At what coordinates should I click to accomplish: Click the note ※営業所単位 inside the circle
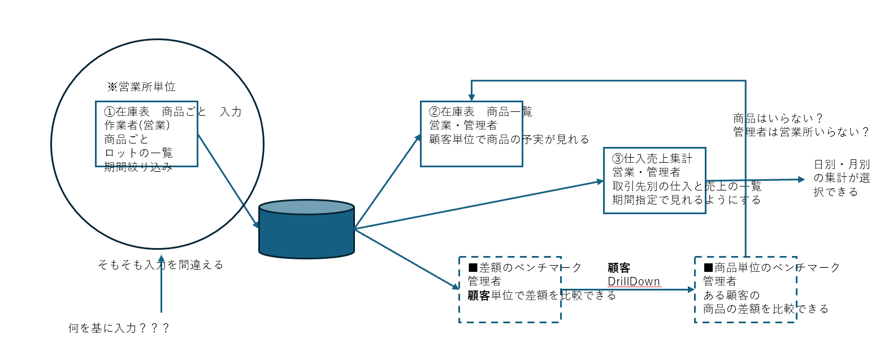(x=141, y=87)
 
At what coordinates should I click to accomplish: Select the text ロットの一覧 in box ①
(x=138, y=153)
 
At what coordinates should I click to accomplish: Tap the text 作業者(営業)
(x=137, y=125)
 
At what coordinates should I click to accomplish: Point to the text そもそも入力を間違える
(x=161, y=265)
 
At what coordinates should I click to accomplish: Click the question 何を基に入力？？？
(x=119, y=328)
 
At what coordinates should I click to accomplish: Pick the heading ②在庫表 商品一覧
(x=480, y=112)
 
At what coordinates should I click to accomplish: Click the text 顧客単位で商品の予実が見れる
(x=509, y=140)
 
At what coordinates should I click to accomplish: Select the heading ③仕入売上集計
(x=652, y=159)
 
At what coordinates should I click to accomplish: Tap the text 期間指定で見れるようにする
(x=686, y=200)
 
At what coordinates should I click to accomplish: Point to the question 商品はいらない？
(x=778, y=119)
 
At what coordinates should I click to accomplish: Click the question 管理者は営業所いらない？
(x=801, y=132)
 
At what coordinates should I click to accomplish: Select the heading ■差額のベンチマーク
(x=525, y=268)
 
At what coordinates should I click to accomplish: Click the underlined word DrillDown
(x=634, y=281)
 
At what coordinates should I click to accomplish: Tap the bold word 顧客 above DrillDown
(x=619, y=268)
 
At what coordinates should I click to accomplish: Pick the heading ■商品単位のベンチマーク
(x=771, y=268)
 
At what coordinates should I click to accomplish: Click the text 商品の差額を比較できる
(x=765, y=309)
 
